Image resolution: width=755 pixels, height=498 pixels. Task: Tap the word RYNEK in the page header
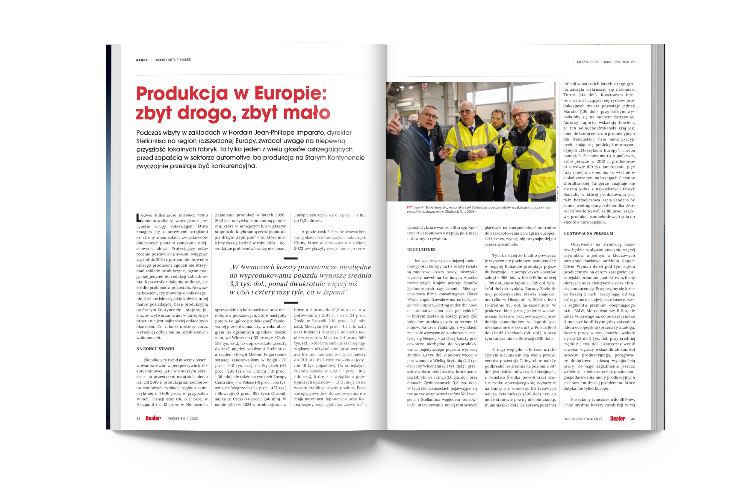(x=142, y=60)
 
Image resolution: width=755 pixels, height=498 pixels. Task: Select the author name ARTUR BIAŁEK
(x=179, y=60)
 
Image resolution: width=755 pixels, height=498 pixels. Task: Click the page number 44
(x=138, y=419)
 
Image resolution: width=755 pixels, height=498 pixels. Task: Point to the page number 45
(x=633, y=419)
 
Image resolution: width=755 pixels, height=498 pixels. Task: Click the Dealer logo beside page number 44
(x=153, y=418)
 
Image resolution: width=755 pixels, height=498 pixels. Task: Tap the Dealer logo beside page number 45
(x=618, y=419)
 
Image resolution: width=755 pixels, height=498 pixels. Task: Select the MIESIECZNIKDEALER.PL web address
(x=583, y=419)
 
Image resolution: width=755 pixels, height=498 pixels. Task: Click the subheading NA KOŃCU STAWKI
(x=155, y=349)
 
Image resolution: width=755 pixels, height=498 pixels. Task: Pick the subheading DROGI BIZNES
(x=421, y=250)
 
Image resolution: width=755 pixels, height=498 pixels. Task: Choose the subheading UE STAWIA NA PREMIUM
(x=588, y=233)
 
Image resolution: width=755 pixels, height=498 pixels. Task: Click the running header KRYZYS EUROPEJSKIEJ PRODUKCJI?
(x=606, y=62)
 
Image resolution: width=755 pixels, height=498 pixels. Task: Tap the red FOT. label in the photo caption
(x=410, y=207)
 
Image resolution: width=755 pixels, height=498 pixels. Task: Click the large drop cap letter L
(x=138, y=218)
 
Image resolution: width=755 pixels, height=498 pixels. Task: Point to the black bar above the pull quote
(x=290, y=259)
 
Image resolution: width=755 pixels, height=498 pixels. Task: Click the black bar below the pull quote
(x=290, y=303)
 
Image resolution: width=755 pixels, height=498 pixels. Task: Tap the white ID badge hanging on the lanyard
(x=431, y=156)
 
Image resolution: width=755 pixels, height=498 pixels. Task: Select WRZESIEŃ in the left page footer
(x=176, y=419)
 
